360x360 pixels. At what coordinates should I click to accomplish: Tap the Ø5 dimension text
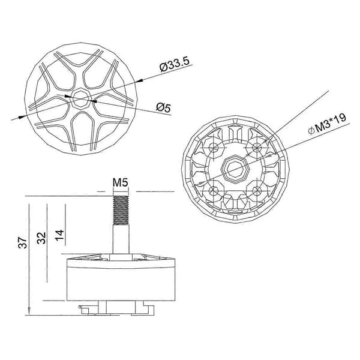click(x=164, y=107)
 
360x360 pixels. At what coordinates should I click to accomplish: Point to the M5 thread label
click(x=121, y=183)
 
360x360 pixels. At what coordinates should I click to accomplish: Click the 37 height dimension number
click(x=23, y=242)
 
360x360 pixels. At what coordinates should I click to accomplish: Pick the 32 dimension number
click(x=41, y=238)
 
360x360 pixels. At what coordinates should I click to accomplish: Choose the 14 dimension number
click(x=59, y=235)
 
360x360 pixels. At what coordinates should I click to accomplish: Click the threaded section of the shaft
click(x=121, y=210)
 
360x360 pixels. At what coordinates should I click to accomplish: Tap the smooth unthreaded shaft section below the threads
click(x=121, y=239)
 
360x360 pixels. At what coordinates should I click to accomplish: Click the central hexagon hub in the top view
click(x=80, y=99)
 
